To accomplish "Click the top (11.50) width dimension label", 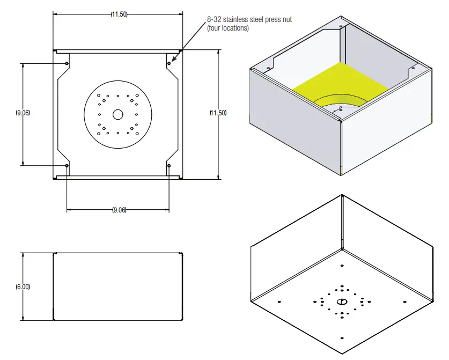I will [119, 14].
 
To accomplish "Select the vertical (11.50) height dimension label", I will [218, 113].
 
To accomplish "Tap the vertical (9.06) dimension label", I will [23, 113].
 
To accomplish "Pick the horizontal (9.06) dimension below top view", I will [119, 210].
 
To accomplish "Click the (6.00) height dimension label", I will [23, 286].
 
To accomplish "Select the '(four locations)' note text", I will [228, 28].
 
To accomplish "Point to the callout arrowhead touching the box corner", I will [180, 50].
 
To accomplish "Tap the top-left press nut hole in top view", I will [67, 63].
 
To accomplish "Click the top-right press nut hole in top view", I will [169, 63].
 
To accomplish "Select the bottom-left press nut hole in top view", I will [67, 165].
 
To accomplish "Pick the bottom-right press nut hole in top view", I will [169, 165].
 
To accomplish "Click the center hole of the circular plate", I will [117, 114].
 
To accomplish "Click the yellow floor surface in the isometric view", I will [343, 80].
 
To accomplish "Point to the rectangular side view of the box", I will [118, 286].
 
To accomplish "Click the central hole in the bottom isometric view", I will [341, 302].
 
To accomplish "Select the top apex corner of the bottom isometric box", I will [342, 195].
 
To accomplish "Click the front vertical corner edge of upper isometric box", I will [341, 148].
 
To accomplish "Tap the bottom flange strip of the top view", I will [118, 177].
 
